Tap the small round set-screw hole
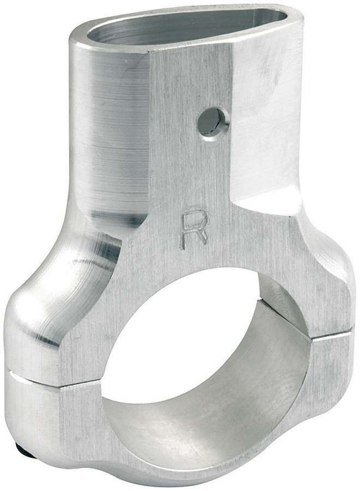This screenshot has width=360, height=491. (211, 122)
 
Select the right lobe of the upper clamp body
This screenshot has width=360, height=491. (317, 281)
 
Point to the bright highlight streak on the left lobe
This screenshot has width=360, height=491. (94, 252)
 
